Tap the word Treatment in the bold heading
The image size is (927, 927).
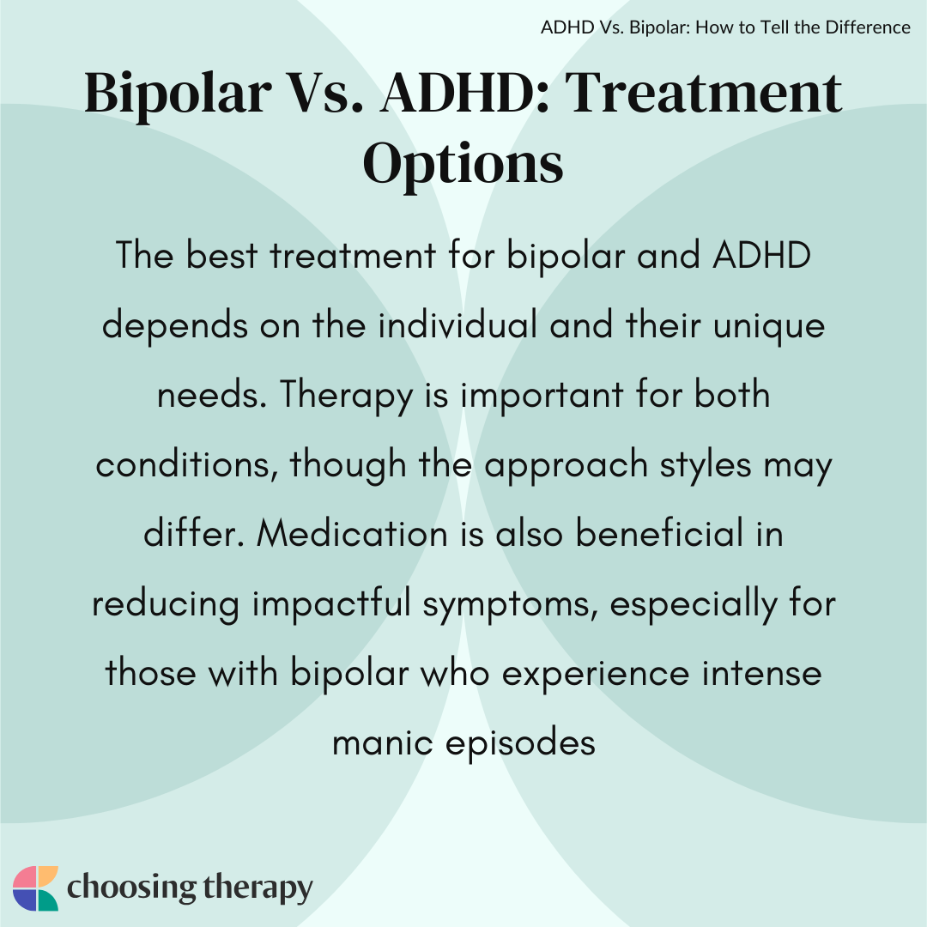click(704, 93)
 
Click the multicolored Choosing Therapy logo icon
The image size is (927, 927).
click(35, 888)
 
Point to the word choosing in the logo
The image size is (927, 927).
click(132, 888)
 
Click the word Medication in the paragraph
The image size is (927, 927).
click(353, 533)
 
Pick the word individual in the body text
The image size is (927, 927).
click(457, 324)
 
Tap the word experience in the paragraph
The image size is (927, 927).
click(596, 675)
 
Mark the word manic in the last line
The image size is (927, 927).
click(383, 742)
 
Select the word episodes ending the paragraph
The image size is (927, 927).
click(520, 744)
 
